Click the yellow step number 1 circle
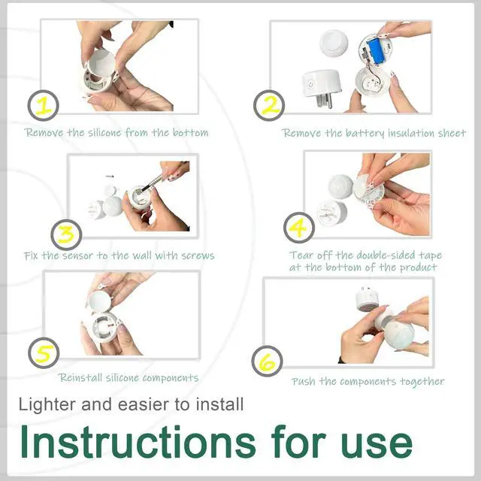[44, 105]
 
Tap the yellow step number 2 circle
[269, 105]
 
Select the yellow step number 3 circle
[66, 234]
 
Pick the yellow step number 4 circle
[299, 228]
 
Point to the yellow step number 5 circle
[44, 353]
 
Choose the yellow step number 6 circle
[268, 361]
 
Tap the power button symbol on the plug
[310, 84]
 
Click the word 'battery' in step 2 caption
[365, 133]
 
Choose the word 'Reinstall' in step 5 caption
[80, 377]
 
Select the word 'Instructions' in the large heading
[138, 442]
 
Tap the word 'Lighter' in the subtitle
[47, 404]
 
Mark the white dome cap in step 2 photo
[334, 43]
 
